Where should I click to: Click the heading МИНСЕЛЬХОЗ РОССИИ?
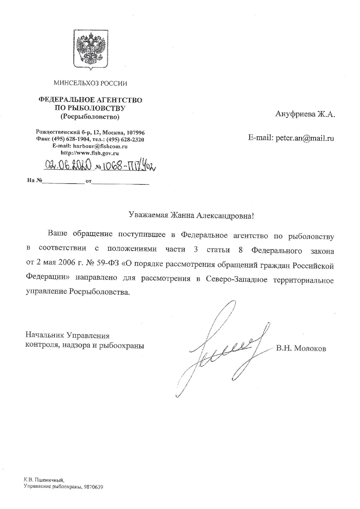[90, 84]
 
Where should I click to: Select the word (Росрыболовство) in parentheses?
[90, 117]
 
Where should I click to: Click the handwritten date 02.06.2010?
[68, 166]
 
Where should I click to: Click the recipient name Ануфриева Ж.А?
[305, 114]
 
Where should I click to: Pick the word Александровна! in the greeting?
[226, 215]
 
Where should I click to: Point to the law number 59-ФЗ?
[111, 265]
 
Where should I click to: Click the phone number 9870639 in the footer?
[93, 487]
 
